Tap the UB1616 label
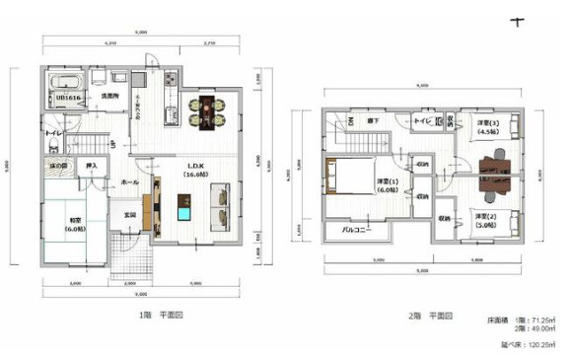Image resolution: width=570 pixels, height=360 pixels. [66, 98]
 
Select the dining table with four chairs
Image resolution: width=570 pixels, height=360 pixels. [206, 109]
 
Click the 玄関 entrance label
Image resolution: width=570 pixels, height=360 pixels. [129, 214]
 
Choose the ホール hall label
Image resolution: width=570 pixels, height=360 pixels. [128, 183]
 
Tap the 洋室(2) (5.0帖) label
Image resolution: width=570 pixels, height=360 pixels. [482, 218]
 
